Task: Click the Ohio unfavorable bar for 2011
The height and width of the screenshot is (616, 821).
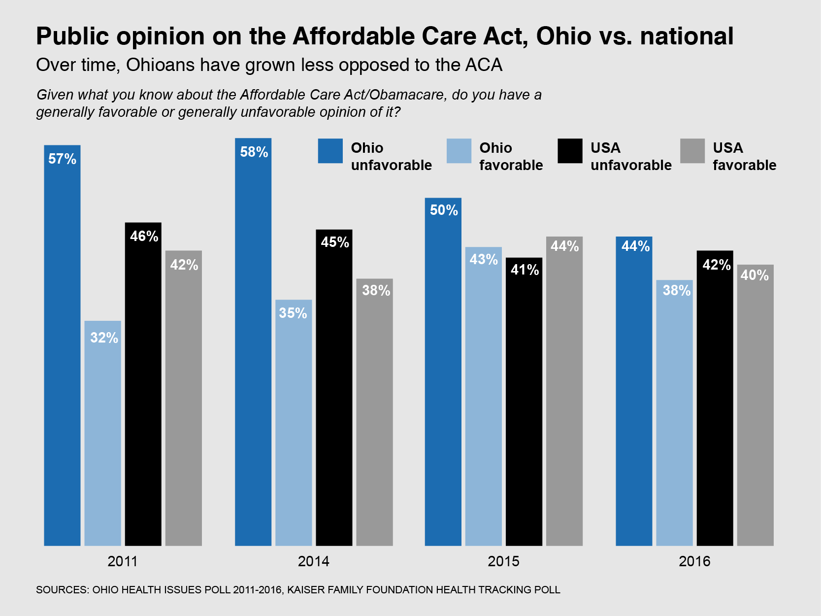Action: tap(62, 345)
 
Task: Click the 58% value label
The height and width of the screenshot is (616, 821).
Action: tap(254, 152)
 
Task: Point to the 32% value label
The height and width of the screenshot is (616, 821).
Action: tap(104, 338)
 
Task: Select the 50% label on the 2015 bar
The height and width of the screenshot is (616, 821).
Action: tap(444, 210)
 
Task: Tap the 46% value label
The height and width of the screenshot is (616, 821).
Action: tap(144, 237)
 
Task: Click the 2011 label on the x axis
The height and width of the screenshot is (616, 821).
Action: tap(123, 561)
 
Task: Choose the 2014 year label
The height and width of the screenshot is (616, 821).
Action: tap(313, 561)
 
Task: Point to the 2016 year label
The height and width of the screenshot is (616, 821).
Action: tap(694, 561)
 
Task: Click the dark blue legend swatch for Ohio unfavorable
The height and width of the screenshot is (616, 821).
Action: tap(330, 151)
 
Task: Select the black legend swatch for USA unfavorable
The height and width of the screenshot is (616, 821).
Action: tap(570, 151)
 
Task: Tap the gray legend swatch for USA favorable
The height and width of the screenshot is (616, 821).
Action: tap(692, 151)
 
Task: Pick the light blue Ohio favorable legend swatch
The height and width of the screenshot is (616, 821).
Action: tap(459, 151)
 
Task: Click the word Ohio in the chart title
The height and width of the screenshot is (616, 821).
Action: tap(563, 36)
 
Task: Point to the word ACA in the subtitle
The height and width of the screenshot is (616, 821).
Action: tap(484, 65)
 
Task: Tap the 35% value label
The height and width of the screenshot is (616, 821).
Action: tap(293, 313)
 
